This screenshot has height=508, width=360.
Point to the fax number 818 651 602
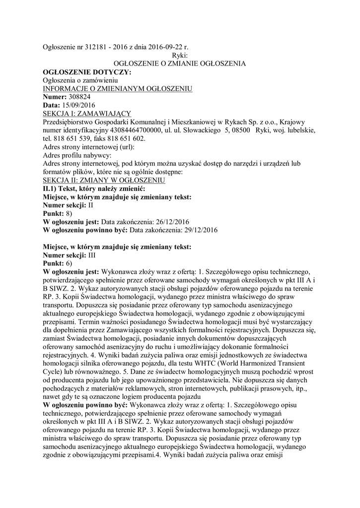pos(122,138)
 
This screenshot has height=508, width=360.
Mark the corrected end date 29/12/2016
pos(197,230)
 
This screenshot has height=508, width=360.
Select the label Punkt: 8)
pos(58,213)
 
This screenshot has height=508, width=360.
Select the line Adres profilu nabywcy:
pos(77,155)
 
